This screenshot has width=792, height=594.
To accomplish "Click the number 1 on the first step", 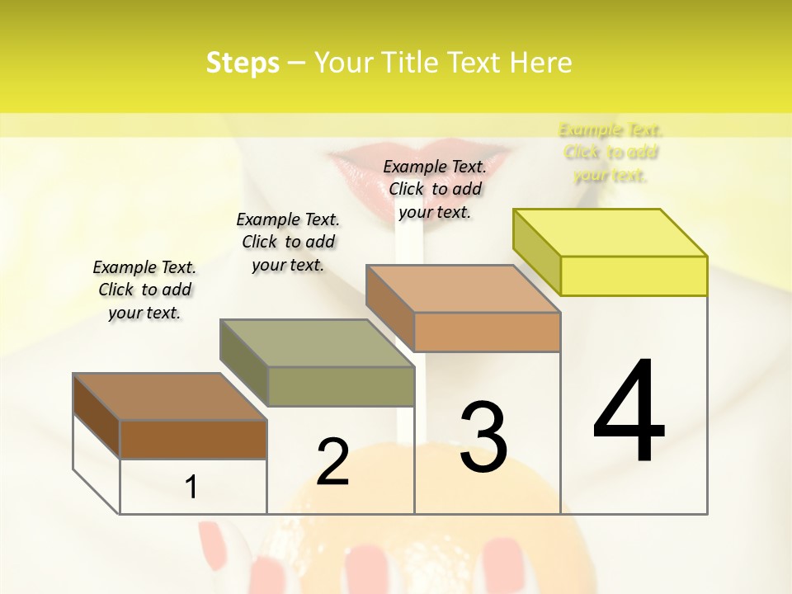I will coord(191,487).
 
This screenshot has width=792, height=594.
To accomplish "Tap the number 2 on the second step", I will coord(332,462).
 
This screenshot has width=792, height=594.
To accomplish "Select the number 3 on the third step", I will coord(483,436).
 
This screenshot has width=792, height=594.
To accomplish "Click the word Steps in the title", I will coord(243,63).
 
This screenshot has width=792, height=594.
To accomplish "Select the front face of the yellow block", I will coord(634,276).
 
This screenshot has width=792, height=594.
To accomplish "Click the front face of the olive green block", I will coord(341,386).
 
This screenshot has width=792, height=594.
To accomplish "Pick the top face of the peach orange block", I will coord(464,289).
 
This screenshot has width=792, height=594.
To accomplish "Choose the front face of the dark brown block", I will coord(193,439).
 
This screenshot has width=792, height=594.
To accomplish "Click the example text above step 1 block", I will coord(144,290).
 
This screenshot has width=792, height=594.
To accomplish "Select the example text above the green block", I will coord(288,242).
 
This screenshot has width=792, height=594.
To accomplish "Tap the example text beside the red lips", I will coord(435,189).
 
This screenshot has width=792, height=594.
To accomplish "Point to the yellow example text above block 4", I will coord(610,152).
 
